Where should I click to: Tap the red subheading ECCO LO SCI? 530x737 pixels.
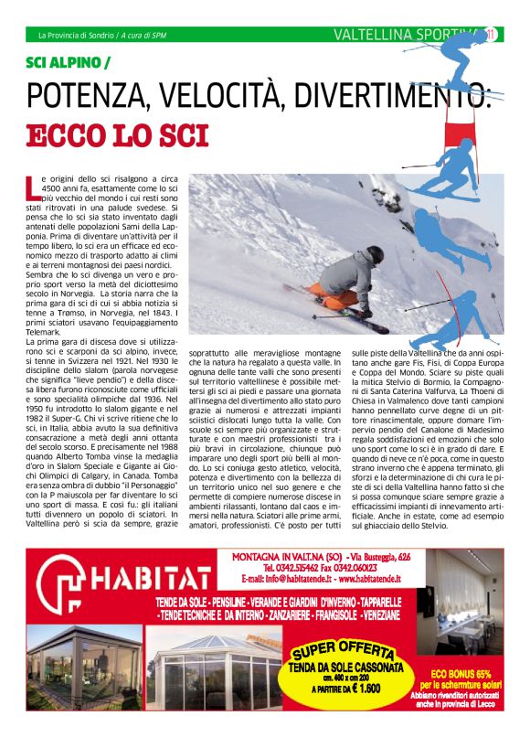click(118, 134)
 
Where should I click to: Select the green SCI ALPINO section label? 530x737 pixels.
click(69, 63)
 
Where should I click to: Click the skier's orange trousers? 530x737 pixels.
click(341, 298)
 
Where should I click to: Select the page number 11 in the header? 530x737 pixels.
click(490, 36)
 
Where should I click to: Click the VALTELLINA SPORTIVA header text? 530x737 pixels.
click(402, 36)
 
